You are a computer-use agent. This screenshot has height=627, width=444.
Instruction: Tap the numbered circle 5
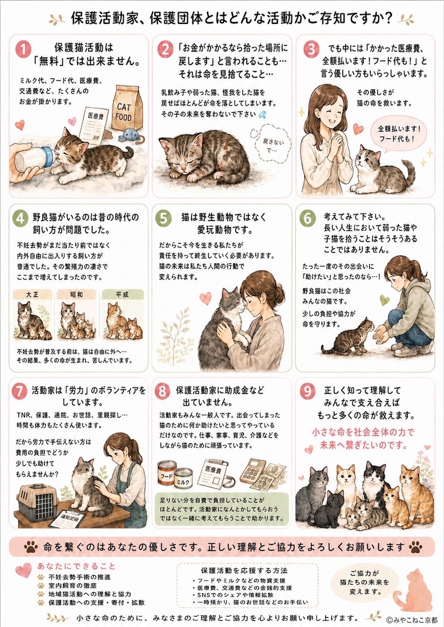[163, 219]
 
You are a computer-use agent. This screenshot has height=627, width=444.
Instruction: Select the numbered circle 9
[307, 391]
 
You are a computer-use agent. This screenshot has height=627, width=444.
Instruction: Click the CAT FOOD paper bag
[126, 108]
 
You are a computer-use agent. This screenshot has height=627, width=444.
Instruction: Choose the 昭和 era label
[77, 295]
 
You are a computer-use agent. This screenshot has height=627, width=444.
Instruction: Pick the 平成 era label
[122, 295]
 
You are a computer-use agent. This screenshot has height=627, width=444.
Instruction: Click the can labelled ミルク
[184, 479]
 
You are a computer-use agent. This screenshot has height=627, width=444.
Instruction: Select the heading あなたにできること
[76, 566]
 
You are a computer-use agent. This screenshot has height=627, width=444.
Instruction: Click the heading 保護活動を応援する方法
[244, 571]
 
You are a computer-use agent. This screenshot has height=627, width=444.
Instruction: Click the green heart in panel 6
[384, 299]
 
